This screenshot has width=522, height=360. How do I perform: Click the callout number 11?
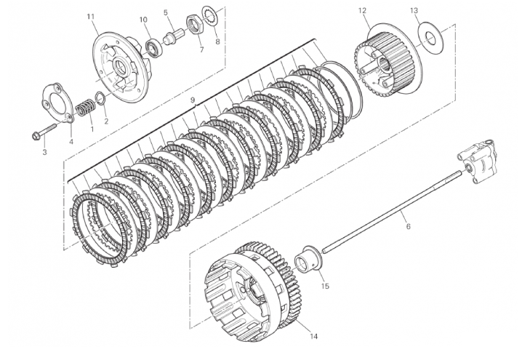coord(91,16)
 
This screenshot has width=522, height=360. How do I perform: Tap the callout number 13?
coord(414,11)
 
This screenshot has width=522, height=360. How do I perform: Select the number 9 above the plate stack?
coord(192,100)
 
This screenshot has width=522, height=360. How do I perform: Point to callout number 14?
coord(313,336)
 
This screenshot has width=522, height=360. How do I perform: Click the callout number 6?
coord(408,226)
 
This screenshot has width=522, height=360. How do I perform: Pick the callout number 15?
coord(325,286)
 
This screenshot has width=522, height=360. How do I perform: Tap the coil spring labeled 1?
coord(85,108)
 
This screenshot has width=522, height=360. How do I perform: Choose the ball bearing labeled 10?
coord(154,48)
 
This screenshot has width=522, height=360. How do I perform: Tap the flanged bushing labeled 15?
coord(308,260)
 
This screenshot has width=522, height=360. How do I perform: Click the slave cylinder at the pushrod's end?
coord(478,159)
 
